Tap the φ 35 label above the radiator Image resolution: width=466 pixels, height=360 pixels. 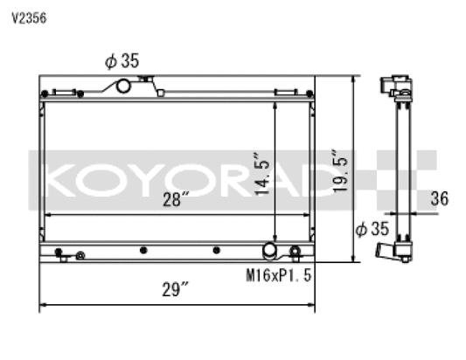pos(122,61)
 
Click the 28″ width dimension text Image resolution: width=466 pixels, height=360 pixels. pos(175,200)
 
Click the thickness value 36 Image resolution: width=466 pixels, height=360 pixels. pos(439,199)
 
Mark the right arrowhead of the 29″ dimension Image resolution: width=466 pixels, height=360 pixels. pos(312,305)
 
